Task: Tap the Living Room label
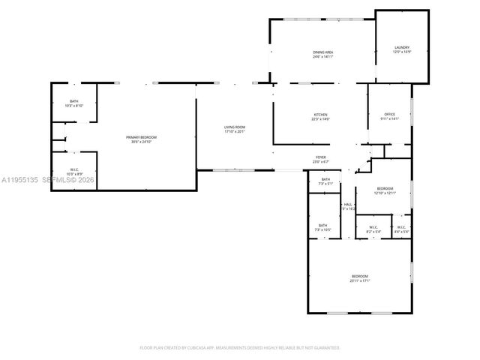pos(235,128)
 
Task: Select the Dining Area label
pos(323,52)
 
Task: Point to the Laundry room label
pos(402,47)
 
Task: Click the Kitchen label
pos(320,115)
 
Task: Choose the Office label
pos(390,114)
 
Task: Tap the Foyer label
pos(320,157)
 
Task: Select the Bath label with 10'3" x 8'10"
pos(74,101)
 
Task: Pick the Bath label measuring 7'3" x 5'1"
pos(325,179)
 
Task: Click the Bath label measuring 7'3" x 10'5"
pos(322,225)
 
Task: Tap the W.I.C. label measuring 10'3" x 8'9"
pos(75,169)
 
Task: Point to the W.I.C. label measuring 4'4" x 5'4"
pos(401,227)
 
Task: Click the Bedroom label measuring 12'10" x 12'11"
pos(385,187)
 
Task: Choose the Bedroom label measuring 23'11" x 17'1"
pos(360,277)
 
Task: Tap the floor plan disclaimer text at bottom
pos(239,348)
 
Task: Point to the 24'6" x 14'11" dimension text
pos(323,56)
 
